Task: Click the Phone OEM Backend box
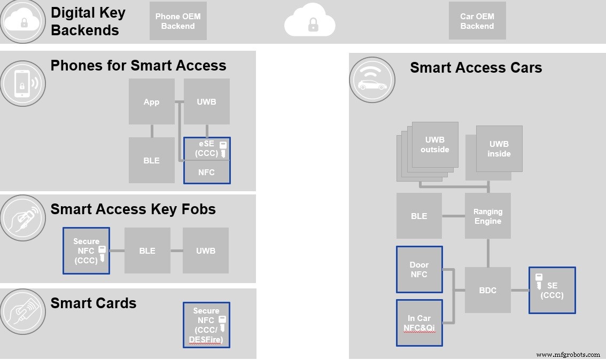(x=178, y=21)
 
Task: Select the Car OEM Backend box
(x=477, y=21)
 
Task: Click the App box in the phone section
(x=152, y=101)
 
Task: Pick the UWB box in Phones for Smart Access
(x=206, y=101)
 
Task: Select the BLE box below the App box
(x=152, y=160)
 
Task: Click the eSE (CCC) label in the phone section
(x=206, y=149)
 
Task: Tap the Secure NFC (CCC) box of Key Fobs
(x=86, y=251)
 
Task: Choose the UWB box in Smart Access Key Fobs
(x=206, y=251)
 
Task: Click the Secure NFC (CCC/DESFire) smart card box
(x=206, y=325)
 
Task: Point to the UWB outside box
(x=434, y=145)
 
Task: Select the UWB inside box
(x=499, y=148)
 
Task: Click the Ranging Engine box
(x=487, y=216)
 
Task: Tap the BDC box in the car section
(x=487, y=290)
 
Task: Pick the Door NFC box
(x=419, y=269)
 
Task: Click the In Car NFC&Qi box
(x=419, y=323)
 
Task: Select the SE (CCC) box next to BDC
(x=552, y=290)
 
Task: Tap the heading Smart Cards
(x=94, y=303)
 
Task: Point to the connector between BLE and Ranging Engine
(x=453, y=216)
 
